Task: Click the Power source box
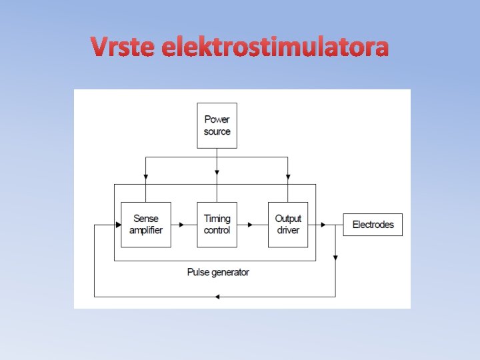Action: pyautogui.click(x=217, y=125)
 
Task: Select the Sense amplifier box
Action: pyautogui.click(x=146, y=225)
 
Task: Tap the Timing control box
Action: pyautogui.click(x=217, y=225)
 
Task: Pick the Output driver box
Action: pyautogui.click(x=288, y=225)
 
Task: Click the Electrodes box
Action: pyautogui.click(x=373, y=225)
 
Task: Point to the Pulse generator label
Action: pyautogui.click(x=218, y=272)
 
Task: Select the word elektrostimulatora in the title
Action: pyautogui.click(x=275, y=47)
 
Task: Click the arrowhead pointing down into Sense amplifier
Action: pyautogui.click(x=146, y=178)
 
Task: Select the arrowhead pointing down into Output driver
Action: pyautogui.click(x=288, y=178)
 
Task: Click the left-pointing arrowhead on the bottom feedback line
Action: pyautogui.click(x=217, y=296)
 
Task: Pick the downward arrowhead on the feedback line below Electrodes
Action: pyautogui.click(x=335, y=256)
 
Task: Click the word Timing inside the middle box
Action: pyautogui.click(x=217, y=219)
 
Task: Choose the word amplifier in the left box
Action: pyautogui.click(x=146, y=231)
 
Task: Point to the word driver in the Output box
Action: pyautogui.click(x=288, y=231)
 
